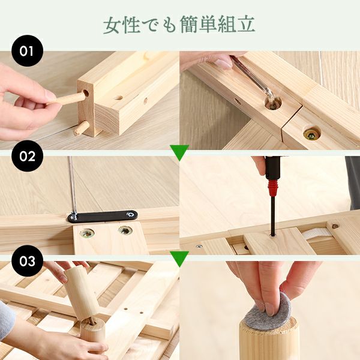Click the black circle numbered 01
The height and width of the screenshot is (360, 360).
(x=28, y=51)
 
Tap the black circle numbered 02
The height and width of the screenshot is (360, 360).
(x=28, y=156)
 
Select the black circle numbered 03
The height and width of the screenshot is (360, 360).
(x=28, y=261)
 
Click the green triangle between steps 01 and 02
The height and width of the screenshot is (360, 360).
(x=180, y=152)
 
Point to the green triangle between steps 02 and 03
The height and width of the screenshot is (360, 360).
(x=180, y=259)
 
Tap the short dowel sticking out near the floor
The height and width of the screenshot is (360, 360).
(x=81, y=128)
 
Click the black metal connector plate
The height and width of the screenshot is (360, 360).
(x=103, y=216)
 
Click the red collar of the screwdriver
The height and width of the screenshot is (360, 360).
(x=273, y=187)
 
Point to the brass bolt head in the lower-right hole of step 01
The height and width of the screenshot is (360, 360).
(x=311, y=134)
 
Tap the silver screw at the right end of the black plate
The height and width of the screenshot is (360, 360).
(x=131, y=214)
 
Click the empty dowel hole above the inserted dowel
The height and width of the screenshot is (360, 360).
(x=86, y=93)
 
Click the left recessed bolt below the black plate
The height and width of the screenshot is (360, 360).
(x=88, y=233)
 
